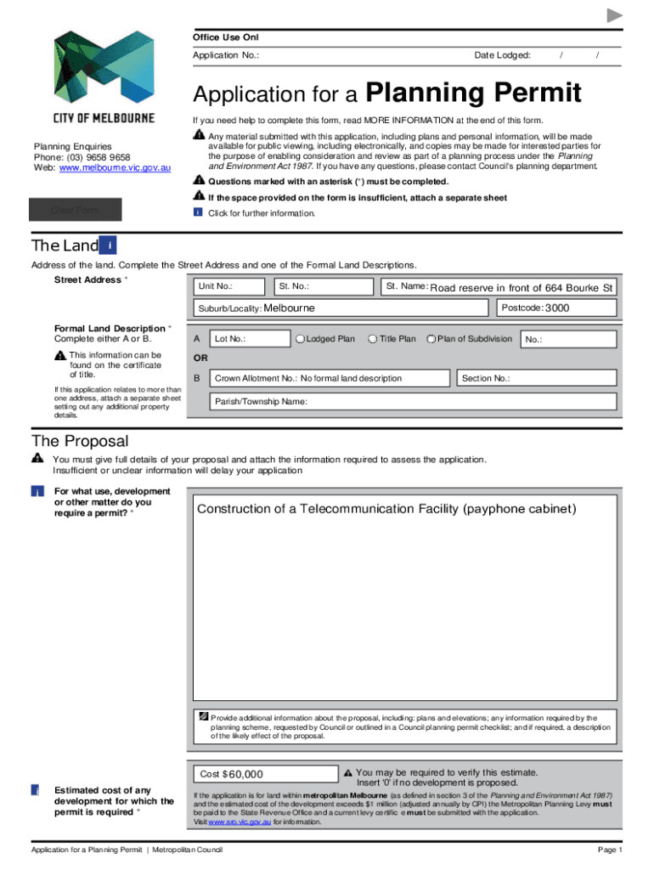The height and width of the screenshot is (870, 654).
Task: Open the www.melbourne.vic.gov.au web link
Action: (x=115, y=168)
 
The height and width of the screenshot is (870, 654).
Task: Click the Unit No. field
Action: (x=228, y=287)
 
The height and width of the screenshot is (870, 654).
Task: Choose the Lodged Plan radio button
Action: (x=301, y=339)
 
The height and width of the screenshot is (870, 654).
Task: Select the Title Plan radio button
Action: (x=373, y=339)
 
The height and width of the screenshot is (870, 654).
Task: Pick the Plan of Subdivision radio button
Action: (x=431, y=339)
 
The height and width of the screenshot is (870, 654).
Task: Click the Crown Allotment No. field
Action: (x=331, y=378)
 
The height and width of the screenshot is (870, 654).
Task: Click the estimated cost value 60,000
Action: (x=245, y=774)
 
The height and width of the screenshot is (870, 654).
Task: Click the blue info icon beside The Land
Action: (x=108, y=246)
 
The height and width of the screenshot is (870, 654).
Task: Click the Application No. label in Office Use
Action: (x=226, y=55)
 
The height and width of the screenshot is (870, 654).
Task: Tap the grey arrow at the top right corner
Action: (x=615, y=15)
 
